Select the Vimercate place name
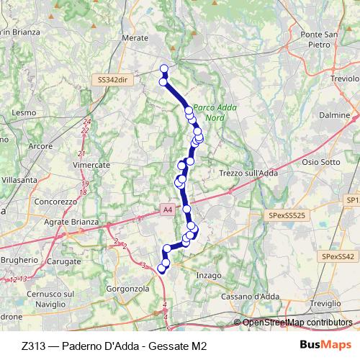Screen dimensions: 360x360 [x=91, y=165]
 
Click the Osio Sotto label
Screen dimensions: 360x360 [x=320, y=162]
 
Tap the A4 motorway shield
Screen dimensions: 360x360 [x=167, y=209]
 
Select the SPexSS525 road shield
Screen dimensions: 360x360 [x=287, y=215]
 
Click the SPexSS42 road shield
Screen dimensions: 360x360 [x=338, y=256]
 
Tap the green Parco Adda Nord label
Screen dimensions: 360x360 [x=209, y=112]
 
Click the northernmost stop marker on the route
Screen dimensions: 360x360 [x=163, y=69]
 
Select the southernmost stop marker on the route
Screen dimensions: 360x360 [x=161, y=270]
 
